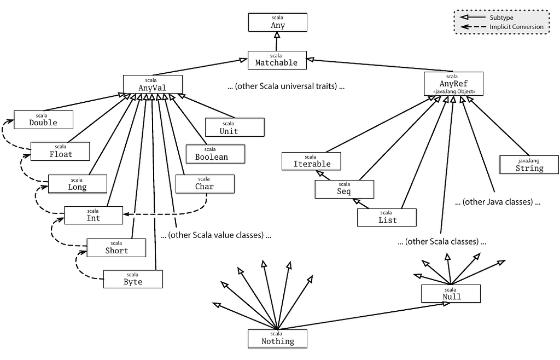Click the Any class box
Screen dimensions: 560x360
pyautogui.click(x=277, y=22)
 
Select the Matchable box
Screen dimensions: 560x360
pyautogui.click(x=277, y=60)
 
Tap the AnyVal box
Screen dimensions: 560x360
pyautogui.click(x=153, y=84)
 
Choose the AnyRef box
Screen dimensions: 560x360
pyautogui.click(x=453, y=84)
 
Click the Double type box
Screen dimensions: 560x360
pyautogui.click(x=43, y=120)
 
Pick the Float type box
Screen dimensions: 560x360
pyautogui.click(x=60, y=152)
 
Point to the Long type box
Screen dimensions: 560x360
pyautogui.click(x=78, y=184)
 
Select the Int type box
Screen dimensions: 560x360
pyautogui.click(x=93, y=216)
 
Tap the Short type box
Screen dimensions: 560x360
pyautogui.click(x=116, y=247)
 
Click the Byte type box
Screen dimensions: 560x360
pyautogui.click(x=133, y=279)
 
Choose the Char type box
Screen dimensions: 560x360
pyautogui.click(x=205, y=184)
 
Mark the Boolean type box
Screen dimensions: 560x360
pyautogui.click(x=215, y=154)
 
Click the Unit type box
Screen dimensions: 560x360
pyautogui.click(x=235, y=127)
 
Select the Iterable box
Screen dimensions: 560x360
pyautogui.click(x=311, y=161)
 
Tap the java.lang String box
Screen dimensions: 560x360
pyautogui.click(x=529, y=165)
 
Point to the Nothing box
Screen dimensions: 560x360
pyautogui.click(x=277, y=339)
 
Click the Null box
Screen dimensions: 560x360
pyautogui.click(x=451, y=294)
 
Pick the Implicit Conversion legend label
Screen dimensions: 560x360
pyautogui.click(x=516, y=27)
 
